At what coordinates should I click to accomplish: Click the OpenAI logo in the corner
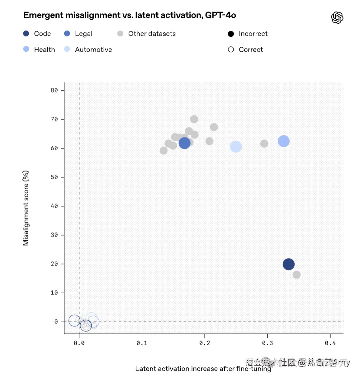337,18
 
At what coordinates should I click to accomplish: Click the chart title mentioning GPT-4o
129,15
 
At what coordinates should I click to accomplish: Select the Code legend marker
26,34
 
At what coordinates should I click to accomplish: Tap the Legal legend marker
67,34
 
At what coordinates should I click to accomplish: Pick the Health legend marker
26,49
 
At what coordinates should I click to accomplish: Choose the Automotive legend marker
67,49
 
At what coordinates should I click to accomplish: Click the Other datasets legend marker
120,34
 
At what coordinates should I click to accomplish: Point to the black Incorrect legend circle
231,34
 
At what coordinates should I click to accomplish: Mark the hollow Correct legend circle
231,50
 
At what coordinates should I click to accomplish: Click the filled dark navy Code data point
288,264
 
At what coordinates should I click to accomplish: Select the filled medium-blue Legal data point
184,143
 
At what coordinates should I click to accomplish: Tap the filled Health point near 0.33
283,141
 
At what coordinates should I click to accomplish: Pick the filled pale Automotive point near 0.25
236,146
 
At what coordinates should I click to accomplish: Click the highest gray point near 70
194,119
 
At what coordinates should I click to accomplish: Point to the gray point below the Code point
296,275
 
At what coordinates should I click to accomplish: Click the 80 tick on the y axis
54,90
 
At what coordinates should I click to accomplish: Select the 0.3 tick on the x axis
267,343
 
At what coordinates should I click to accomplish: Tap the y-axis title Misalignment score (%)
26,208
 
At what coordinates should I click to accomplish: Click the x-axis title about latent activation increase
203,369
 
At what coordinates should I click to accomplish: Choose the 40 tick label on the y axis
54,206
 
